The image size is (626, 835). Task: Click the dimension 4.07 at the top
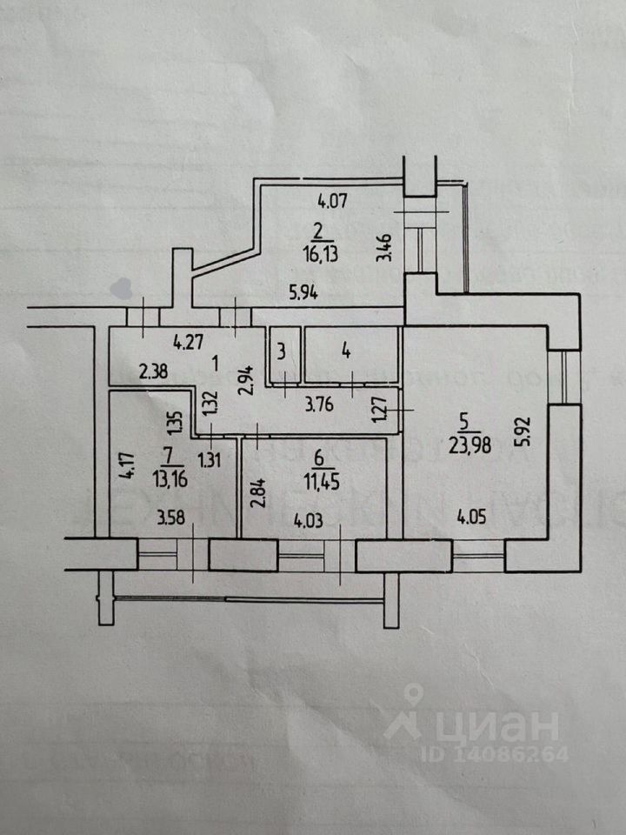(x=331, y=203)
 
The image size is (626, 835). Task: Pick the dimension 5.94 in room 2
(x=303, y=293)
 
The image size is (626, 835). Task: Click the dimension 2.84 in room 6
(x=255, y=492)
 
